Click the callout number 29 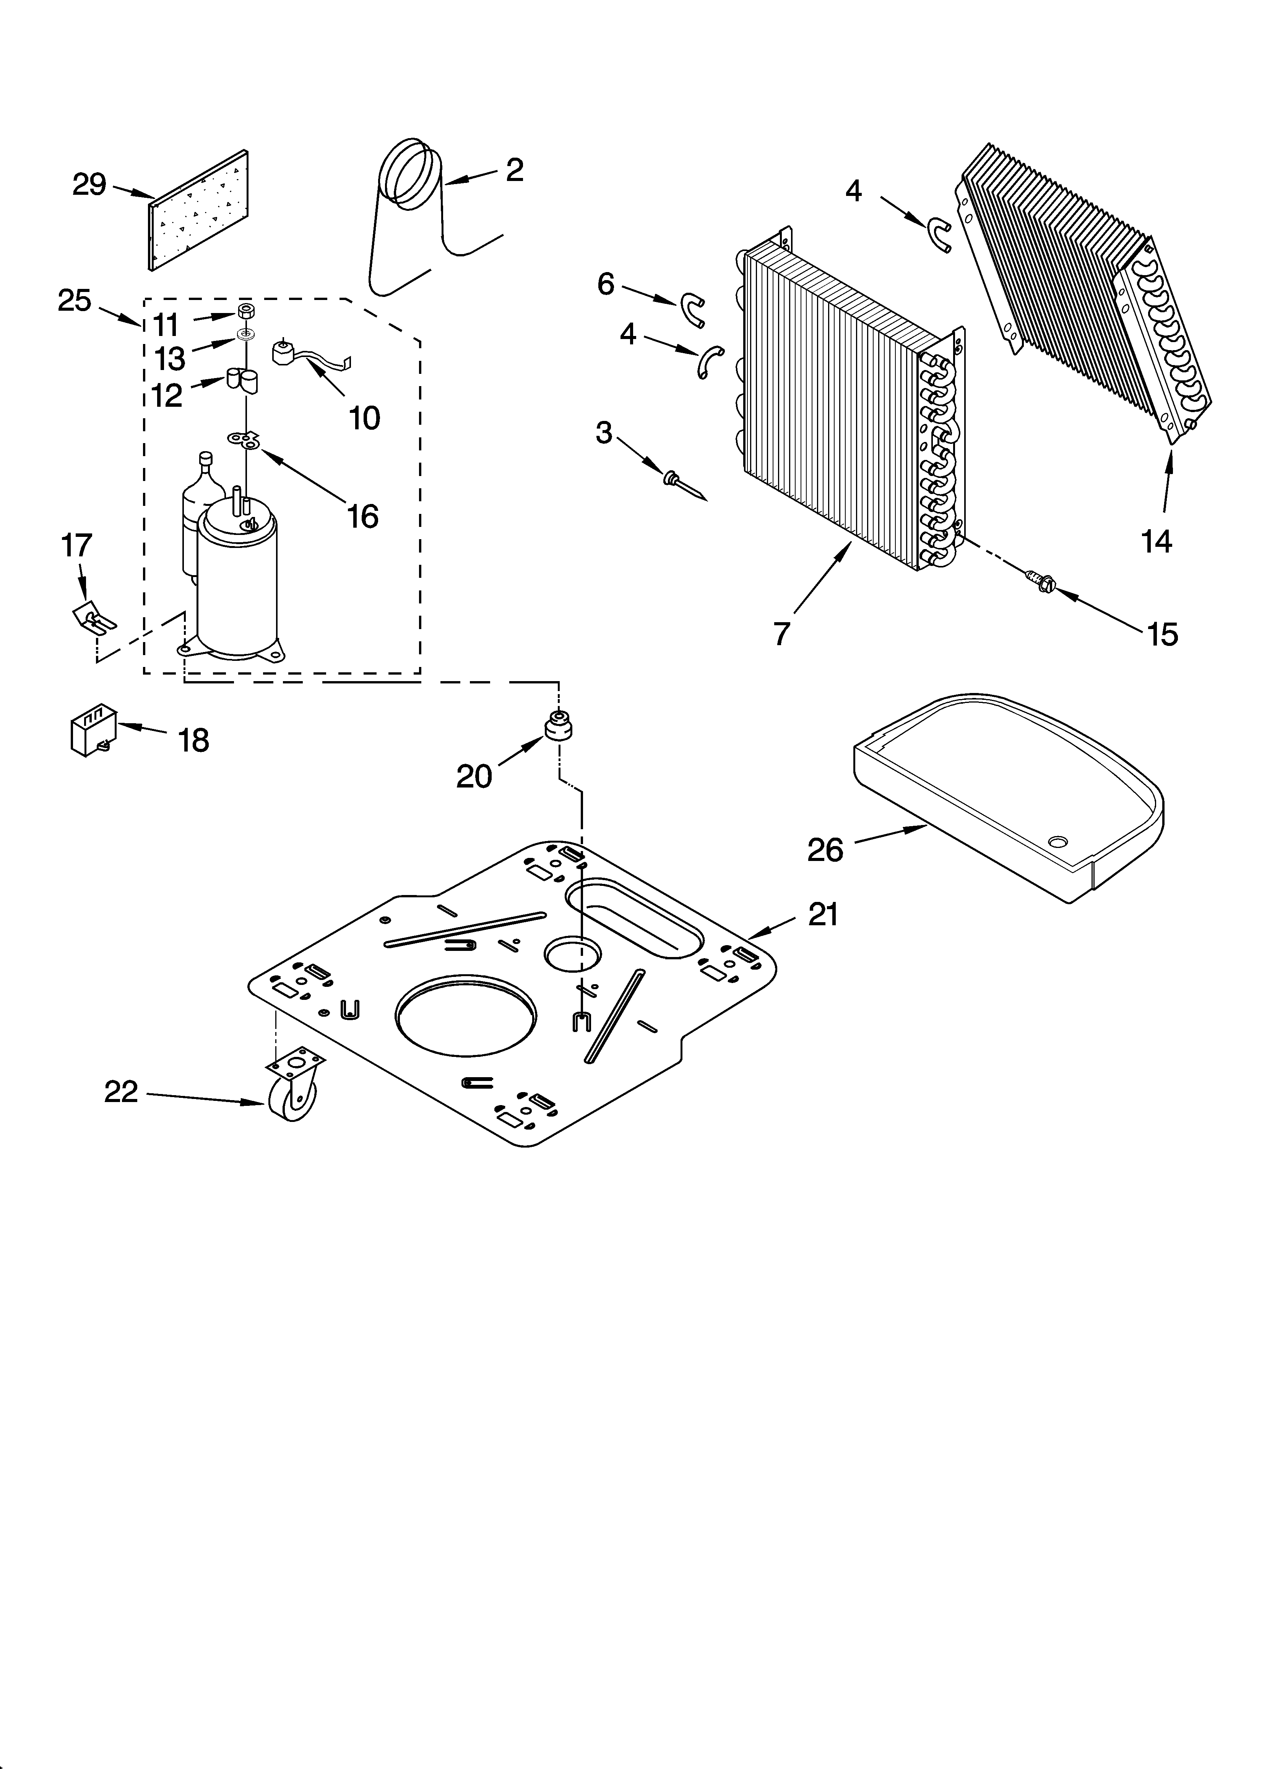click(x=89, y=185)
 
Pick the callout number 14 click(x=1157, y=541)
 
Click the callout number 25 click(x=75, y=300)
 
